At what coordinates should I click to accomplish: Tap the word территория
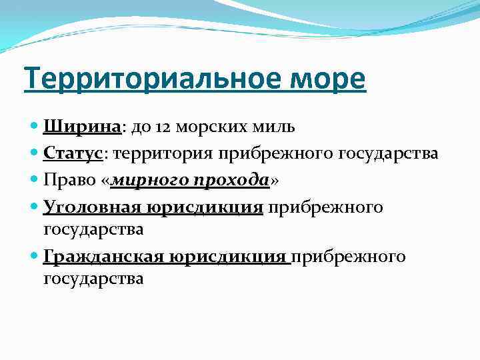tap(161, 153)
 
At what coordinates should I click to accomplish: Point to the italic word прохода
tap(229, 181)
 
